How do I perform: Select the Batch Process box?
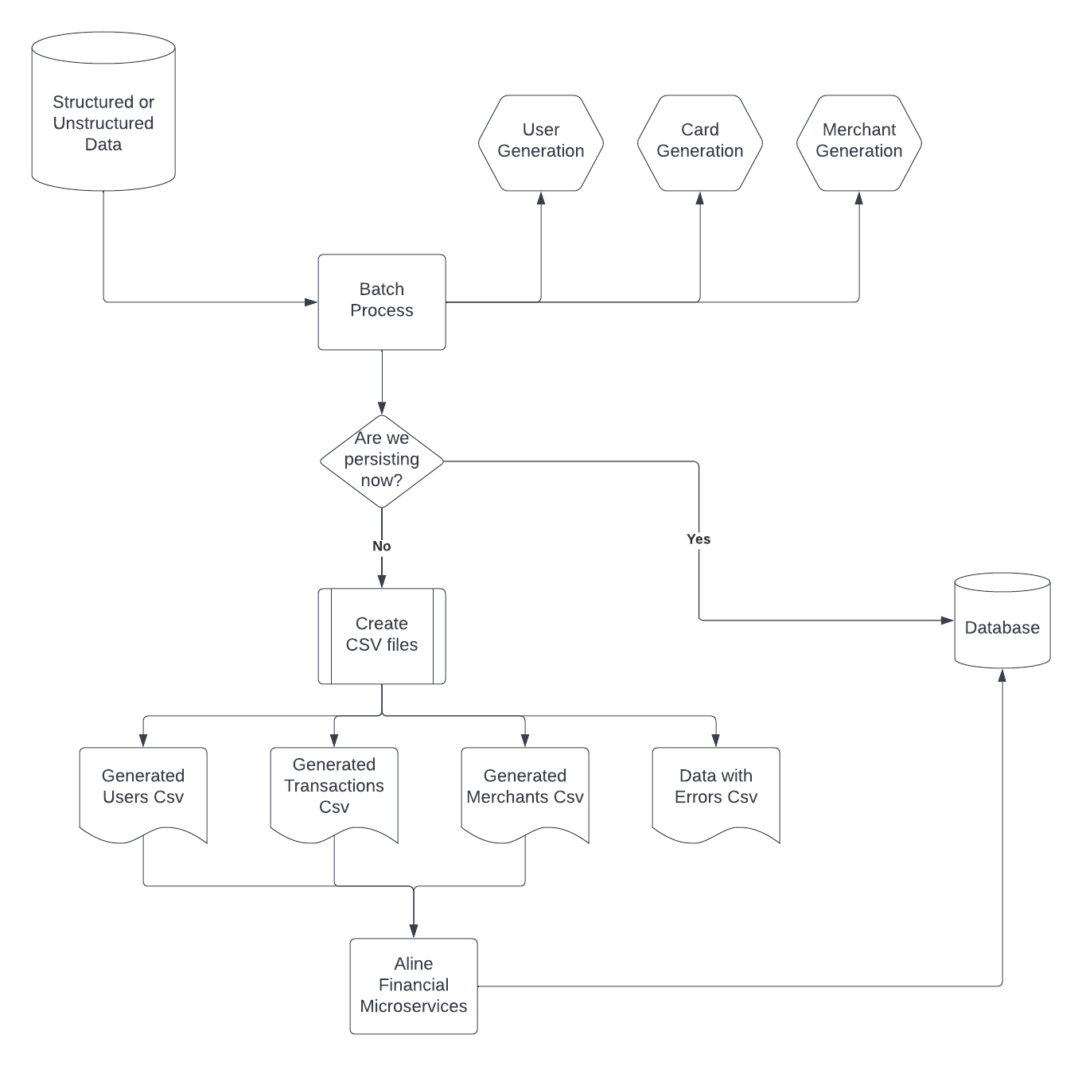[382, 302]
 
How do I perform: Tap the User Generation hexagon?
[541, 142]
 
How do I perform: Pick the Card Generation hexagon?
[700, 142]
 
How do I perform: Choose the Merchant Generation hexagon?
[859, 142]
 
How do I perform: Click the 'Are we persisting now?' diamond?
[382, 461]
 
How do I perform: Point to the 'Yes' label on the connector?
[699, 539]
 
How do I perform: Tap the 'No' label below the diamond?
[382, 547]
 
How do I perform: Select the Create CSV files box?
[382, 636]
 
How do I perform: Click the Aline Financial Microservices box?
[414, 986]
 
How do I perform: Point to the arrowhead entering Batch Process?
[312, 302]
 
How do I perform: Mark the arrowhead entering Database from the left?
[948, 621]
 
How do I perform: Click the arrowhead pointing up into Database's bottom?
[1002, 675]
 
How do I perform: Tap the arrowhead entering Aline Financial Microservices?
[414, 932]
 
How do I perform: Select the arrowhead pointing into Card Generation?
[700, 198]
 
